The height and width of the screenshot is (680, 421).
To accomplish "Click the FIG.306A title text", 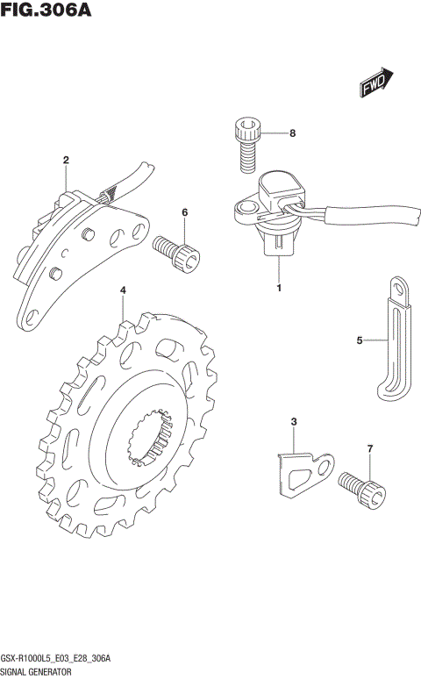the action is click(x=46, y=9).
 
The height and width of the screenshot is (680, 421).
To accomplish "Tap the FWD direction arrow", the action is click(x=376, y=82).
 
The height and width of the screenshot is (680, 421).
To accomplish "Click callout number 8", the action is click(x=292, y=133).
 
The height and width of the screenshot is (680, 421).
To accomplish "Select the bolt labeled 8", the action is click(x=248, y=145).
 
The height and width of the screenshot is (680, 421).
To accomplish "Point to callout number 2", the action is click(x=66, y=160).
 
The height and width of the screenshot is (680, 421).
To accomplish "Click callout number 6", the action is click(x=185, y=212).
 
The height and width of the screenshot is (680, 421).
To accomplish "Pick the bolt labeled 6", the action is click(x=176, y=254).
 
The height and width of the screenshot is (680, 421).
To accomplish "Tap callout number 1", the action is click(x=279, y=288).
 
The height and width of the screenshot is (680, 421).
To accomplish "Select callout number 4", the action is click(x=123, y=290).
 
